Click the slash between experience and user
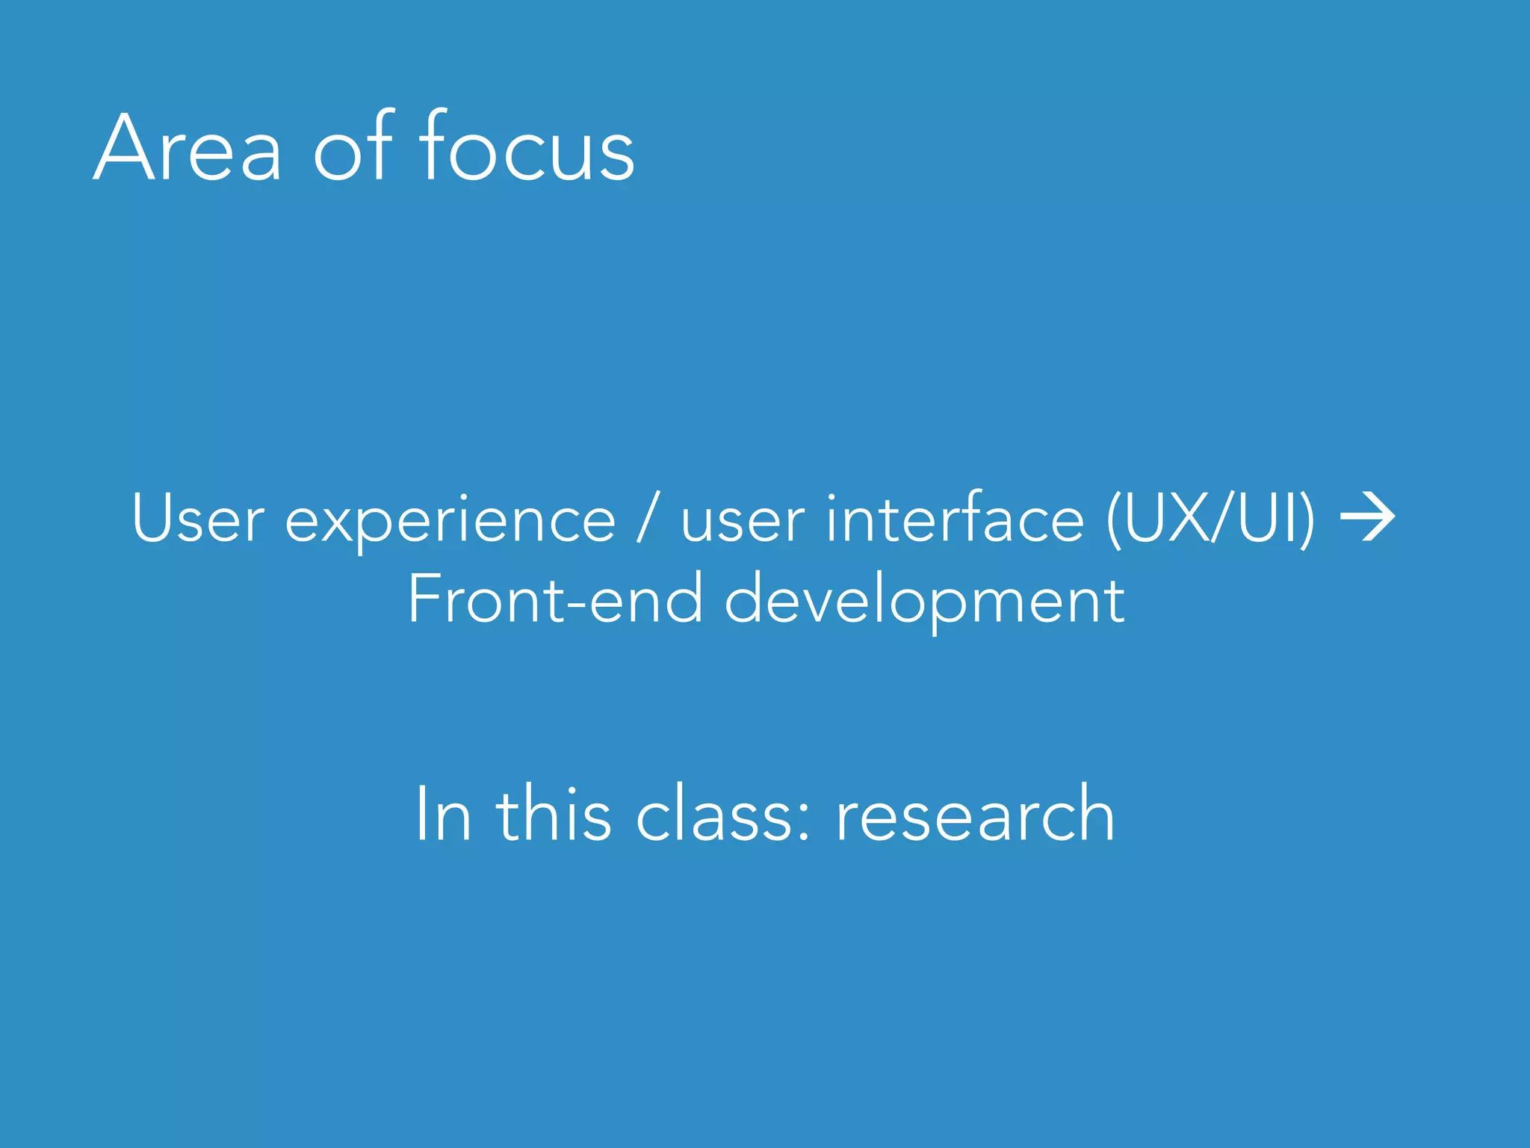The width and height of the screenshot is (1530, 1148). [x=648, y=519]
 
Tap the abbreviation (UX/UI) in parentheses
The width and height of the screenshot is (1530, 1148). [x=1210, y=519]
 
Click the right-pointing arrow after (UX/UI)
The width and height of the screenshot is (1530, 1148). [x=1367, y=516]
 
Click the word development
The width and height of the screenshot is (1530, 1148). [x=924, y=601]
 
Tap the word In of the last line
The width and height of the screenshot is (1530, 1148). [x=443, y=814]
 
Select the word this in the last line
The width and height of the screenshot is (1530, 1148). [x=554, y=814]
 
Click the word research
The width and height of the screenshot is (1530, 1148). [x=974, y=814]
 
